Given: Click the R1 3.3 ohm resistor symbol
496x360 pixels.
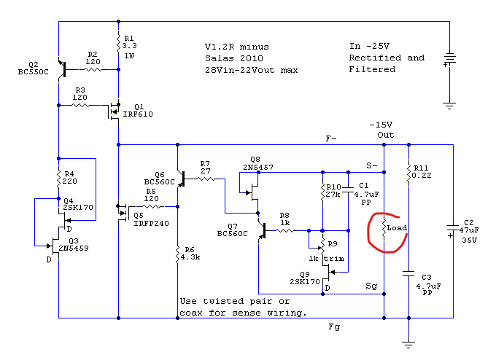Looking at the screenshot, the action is [118, 43].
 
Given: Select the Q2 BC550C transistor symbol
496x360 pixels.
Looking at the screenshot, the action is [63, 69].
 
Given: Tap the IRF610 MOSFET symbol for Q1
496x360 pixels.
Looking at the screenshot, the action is [115, 111].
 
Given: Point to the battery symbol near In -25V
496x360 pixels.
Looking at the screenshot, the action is [449, 60].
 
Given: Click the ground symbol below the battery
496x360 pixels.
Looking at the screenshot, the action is [449, 106].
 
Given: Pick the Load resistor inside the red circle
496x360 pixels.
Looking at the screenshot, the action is [384, 228].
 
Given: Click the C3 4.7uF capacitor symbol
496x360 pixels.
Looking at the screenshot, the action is [408, 273].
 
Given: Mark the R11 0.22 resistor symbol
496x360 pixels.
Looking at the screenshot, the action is [408, 173].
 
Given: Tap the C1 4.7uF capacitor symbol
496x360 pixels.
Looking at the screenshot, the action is [348, 189].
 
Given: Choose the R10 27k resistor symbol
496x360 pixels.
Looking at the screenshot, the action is [322, 192].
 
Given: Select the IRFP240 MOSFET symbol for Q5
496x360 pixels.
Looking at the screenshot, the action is [123, 213].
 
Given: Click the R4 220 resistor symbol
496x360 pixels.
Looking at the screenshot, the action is [58, 179].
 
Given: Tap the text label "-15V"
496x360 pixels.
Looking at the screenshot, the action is [381, 125].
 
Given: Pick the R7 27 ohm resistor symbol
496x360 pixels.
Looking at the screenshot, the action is [206, 179].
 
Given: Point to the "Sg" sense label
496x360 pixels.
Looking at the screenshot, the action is [371, 286].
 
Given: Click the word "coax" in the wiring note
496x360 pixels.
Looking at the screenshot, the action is [191, 313].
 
